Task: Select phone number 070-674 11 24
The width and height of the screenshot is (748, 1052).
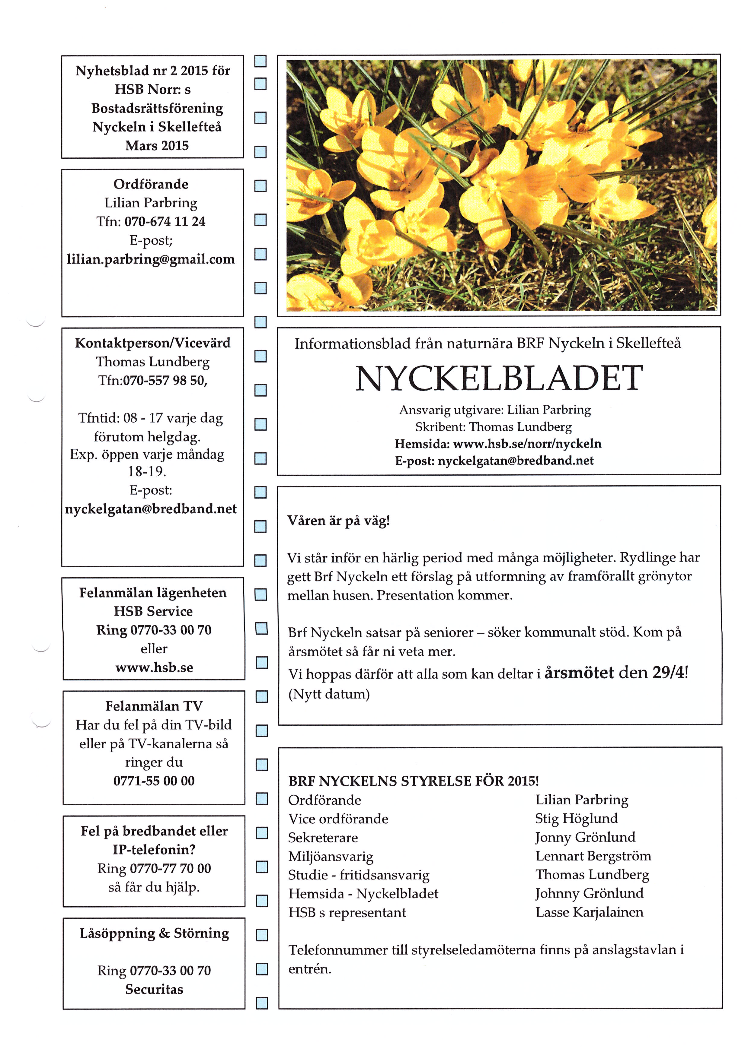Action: pyautogui.click(x=165, y=221)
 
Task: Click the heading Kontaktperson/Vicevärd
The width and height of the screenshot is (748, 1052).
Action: pyautogui.click(x=152, y=343)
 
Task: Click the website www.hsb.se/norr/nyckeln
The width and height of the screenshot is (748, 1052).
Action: pyautogui.click(x=527, y=444)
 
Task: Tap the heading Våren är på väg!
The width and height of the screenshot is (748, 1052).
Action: pyautogui.click(x=339, y=521)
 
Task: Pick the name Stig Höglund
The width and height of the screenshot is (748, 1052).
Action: pyautogui.click(x=576, y=818)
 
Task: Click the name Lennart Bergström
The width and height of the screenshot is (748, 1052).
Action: pyautogui.click(x=593, y=856)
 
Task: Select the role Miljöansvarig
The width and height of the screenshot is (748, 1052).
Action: pyautogui.click(x=331, y=857)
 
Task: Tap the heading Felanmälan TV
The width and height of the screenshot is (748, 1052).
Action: pyautogui.click(x=154, y=706)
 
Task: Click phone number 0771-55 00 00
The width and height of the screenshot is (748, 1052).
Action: pyautogui.click(x=154, y=781)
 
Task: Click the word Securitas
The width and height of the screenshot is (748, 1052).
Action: pyautogui.click(x=154, y=989)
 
